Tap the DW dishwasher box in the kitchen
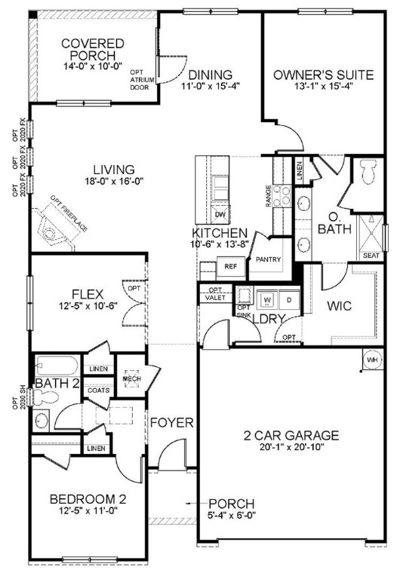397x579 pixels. [x=220, y=214]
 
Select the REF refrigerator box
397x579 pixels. [x=229, y=265]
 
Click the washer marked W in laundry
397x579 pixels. [x=266, y=299]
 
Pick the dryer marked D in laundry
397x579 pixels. [x=288, y=299]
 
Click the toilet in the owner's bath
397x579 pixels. [x=368, y=172]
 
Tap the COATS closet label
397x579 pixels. [x=97, y=390]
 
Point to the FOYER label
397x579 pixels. [x=171, y=422]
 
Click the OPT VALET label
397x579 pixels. [x=215, y=294]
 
